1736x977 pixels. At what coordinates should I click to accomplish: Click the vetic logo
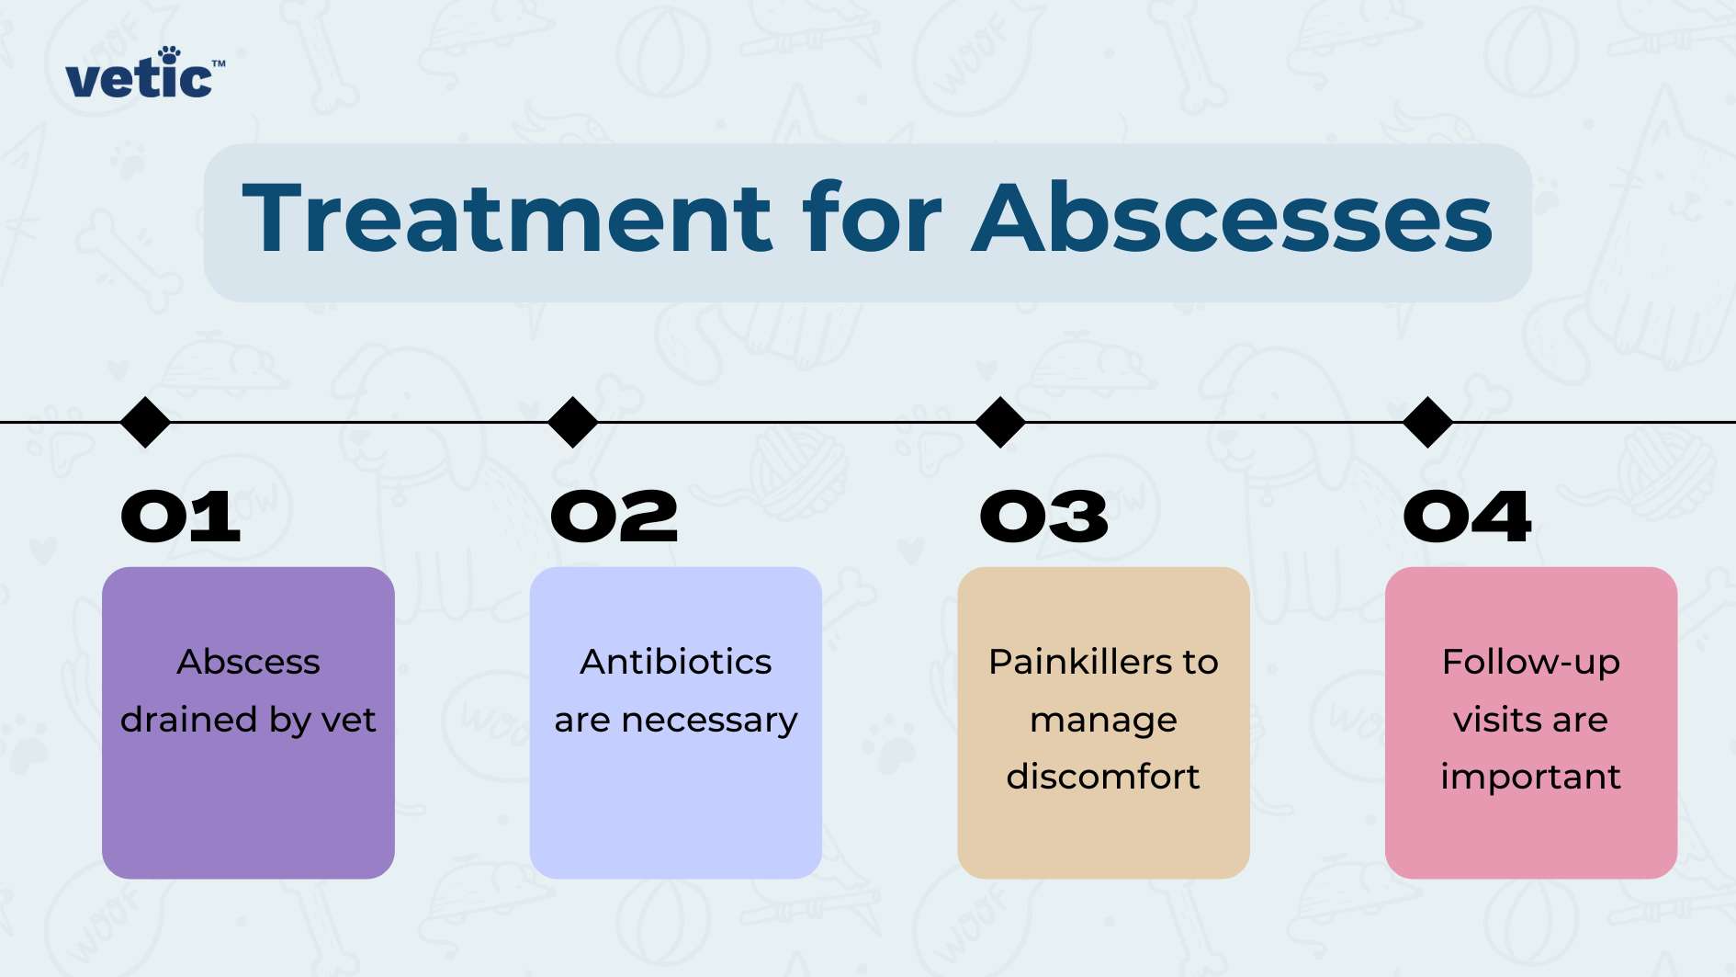140,78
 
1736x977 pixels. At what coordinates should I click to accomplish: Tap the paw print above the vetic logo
168,55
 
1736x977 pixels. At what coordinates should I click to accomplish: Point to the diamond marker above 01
145,423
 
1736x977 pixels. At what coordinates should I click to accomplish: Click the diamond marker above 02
573,423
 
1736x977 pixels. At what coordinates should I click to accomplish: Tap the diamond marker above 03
1000,423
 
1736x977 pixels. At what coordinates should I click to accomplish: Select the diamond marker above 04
1428,423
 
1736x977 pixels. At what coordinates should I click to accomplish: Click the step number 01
181,517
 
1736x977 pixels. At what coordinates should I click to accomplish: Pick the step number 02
614,517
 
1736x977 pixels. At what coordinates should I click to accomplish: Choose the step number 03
1044,517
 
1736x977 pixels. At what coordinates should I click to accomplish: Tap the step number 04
1467,517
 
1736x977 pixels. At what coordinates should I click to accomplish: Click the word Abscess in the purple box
248,662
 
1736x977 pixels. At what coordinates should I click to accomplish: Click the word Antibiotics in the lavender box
676,662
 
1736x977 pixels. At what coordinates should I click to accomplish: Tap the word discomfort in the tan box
1103,777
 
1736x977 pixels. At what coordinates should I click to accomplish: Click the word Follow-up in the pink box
1530,663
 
